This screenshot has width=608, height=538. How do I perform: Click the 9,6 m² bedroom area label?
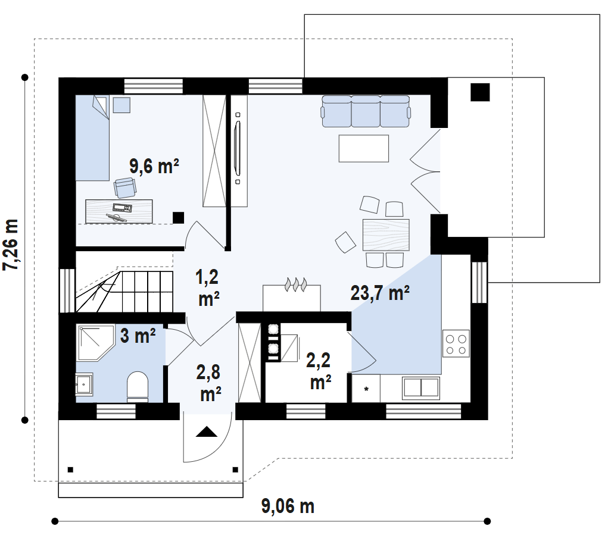154,166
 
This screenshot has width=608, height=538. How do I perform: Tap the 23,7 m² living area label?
379,293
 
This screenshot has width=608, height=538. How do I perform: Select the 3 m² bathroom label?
138,336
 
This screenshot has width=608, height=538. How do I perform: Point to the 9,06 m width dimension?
288,506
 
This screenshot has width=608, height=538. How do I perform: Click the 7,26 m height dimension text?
11,245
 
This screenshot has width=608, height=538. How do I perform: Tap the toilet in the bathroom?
138,386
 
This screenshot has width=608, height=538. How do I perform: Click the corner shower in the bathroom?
96,343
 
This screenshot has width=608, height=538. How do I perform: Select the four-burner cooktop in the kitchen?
456,344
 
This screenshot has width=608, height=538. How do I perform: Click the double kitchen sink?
421,387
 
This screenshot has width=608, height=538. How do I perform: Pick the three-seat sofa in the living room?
366,111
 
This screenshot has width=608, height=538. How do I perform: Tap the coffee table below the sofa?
364,148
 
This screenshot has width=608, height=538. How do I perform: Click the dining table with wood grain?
386,235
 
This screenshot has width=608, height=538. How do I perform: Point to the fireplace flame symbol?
296,284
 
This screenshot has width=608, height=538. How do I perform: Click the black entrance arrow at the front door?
206,432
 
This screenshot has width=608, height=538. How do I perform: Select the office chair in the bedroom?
125,187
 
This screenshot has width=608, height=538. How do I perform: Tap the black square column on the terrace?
480,92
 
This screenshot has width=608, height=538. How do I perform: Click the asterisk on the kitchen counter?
366,389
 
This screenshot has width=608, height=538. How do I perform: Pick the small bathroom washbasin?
84,384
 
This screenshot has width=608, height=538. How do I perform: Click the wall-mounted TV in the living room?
238,148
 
